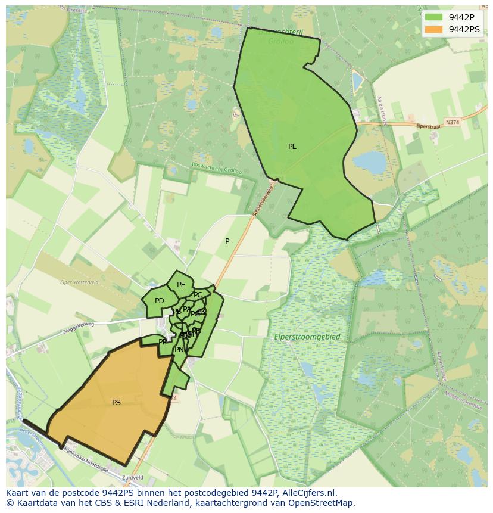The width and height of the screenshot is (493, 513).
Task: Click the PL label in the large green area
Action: tap(292, 147)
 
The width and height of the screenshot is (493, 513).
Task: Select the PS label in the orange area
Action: tap(116, 403)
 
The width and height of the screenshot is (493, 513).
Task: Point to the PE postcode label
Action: tap(181, 285)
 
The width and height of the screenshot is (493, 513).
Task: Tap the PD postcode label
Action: tap(159, 301)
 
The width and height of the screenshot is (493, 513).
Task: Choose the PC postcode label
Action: tap(198, 295)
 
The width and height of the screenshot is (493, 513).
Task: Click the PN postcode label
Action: tap(179, 350)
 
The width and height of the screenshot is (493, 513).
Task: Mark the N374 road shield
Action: tap(453, 122)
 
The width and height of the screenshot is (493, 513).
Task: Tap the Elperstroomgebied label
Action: tap(307, 337)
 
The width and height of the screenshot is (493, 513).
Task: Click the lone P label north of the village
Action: tap(227, 241)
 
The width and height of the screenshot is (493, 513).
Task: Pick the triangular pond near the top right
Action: tap(357, 82)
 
